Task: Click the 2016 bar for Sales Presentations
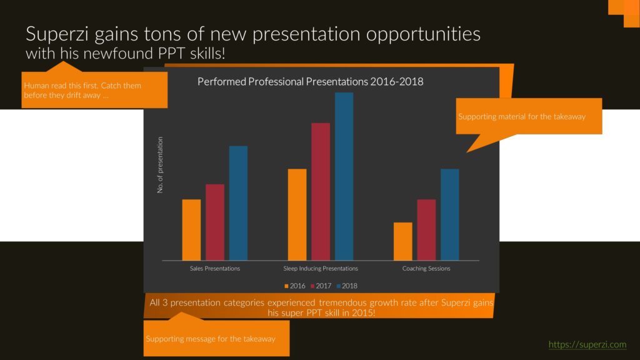click(191, 230)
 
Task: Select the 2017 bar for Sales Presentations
click(215, 222)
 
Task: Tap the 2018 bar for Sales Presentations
click(238, 203)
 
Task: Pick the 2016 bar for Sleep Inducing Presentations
click(297, 215)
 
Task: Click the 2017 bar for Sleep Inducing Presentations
click(321, 192)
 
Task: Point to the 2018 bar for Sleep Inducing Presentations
click(344, 176)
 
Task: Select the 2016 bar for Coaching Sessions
click(403, 242)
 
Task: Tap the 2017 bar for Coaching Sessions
click(426, 230)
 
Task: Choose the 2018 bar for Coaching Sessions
click(450, 215)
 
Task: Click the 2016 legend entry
click(295, 286)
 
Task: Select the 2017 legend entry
click(321, 286)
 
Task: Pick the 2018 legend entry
click(347, 286)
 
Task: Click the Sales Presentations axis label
click(215, 269)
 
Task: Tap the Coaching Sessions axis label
click(426, 269)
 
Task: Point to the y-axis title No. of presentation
click(160, 165)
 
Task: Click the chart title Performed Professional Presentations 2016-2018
click(310, 82)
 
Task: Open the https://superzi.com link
click(587, 344)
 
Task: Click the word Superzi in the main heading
click(57, 34)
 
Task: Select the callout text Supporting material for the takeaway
click(522, 117)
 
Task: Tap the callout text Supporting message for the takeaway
click(211, 339)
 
